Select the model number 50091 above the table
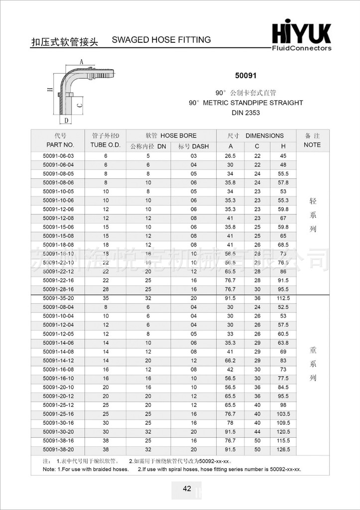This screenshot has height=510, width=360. tap(245, 77)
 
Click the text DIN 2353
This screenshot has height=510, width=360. tap(245, 113)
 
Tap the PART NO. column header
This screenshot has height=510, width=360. tap(60, 145)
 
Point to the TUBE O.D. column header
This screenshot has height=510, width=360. tap(105, 145)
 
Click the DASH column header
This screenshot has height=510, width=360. tap(194, 146)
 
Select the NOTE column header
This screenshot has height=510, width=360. tap(312, 145)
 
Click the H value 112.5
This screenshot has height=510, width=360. tap(283, 298)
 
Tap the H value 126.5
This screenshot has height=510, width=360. tap(283, 450)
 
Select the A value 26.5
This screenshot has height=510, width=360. tap(230, 156)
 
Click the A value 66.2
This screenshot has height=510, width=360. tap(230, 361)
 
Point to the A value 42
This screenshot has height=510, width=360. tap(230, 370)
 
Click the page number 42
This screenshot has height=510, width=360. tap(187, 489)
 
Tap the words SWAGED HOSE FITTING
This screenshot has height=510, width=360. tap(161, 40)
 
